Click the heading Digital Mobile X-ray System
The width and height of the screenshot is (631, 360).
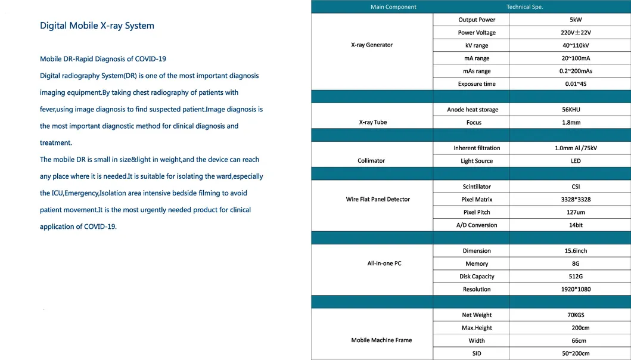click(x=97, y=26)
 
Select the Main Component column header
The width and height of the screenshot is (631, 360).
click(x=393, y=7)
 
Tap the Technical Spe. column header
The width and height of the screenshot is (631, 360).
click(x=524, y=7)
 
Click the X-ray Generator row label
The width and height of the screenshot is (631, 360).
click(x=372, y=45)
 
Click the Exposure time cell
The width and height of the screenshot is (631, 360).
click(x=477, y=84)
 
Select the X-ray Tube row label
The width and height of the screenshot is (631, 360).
click(x=373, y=122)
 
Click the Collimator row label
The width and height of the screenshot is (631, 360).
click(x=372, y=161)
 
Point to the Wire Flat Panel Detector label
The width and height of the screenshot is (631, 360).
click(x=378, y=199)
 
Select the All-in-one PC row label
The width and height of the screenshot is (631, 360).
click(x=384, y=263)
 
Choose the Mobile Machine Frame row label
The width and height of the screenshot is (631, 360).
click(x=381, y=340)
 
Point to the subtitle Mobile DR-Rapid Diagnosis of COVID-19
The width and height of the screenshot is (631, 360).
click(x=102, y=59)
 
